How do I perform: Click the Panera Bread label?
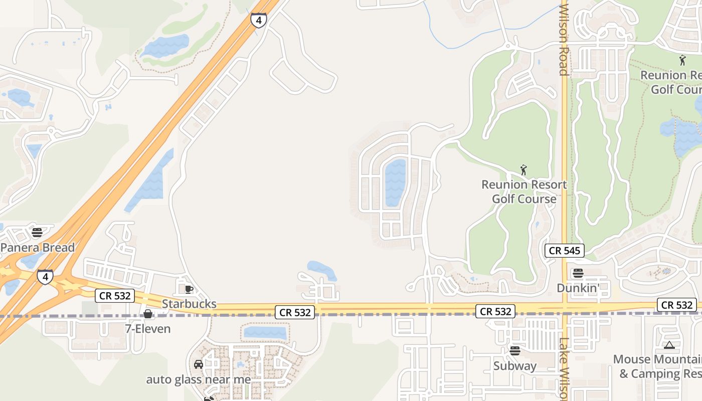click(38, 248)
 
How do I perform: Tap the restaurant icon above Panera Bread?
click(37, 232)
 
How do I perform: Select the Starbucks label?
click(189, 304)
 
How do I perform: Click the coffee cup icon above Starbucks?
click(189, 289)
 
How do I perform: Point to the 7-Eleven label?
click(148, 329)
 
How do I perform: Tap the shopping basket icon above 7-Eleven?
click(148, 314)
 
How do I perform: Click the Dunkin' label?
click(578, 288)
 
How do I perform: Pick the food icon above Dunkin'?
click(578, 273)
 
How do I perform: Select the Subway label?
click(515, 366)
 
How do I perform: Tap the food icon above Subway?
click(515, 351)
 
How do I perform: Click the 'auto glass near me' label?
click(198, 379)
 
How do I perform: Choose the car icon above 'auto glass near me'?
click(199, 364)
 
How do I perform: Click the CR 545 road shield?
click(565, 251)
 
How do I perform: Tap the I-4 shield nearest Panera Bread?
click(45, 277)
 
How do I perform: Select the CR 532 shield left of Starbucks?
click(115, 296)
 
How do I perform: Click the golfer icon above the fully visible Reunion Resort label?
click(524, 170)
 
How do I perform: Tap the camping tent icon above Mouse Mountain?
click(669, 345)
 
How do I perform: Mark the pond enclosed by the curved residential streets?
click(395, 183)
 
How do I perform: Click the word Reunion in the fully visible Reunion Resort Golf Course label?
click(503, 185)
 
